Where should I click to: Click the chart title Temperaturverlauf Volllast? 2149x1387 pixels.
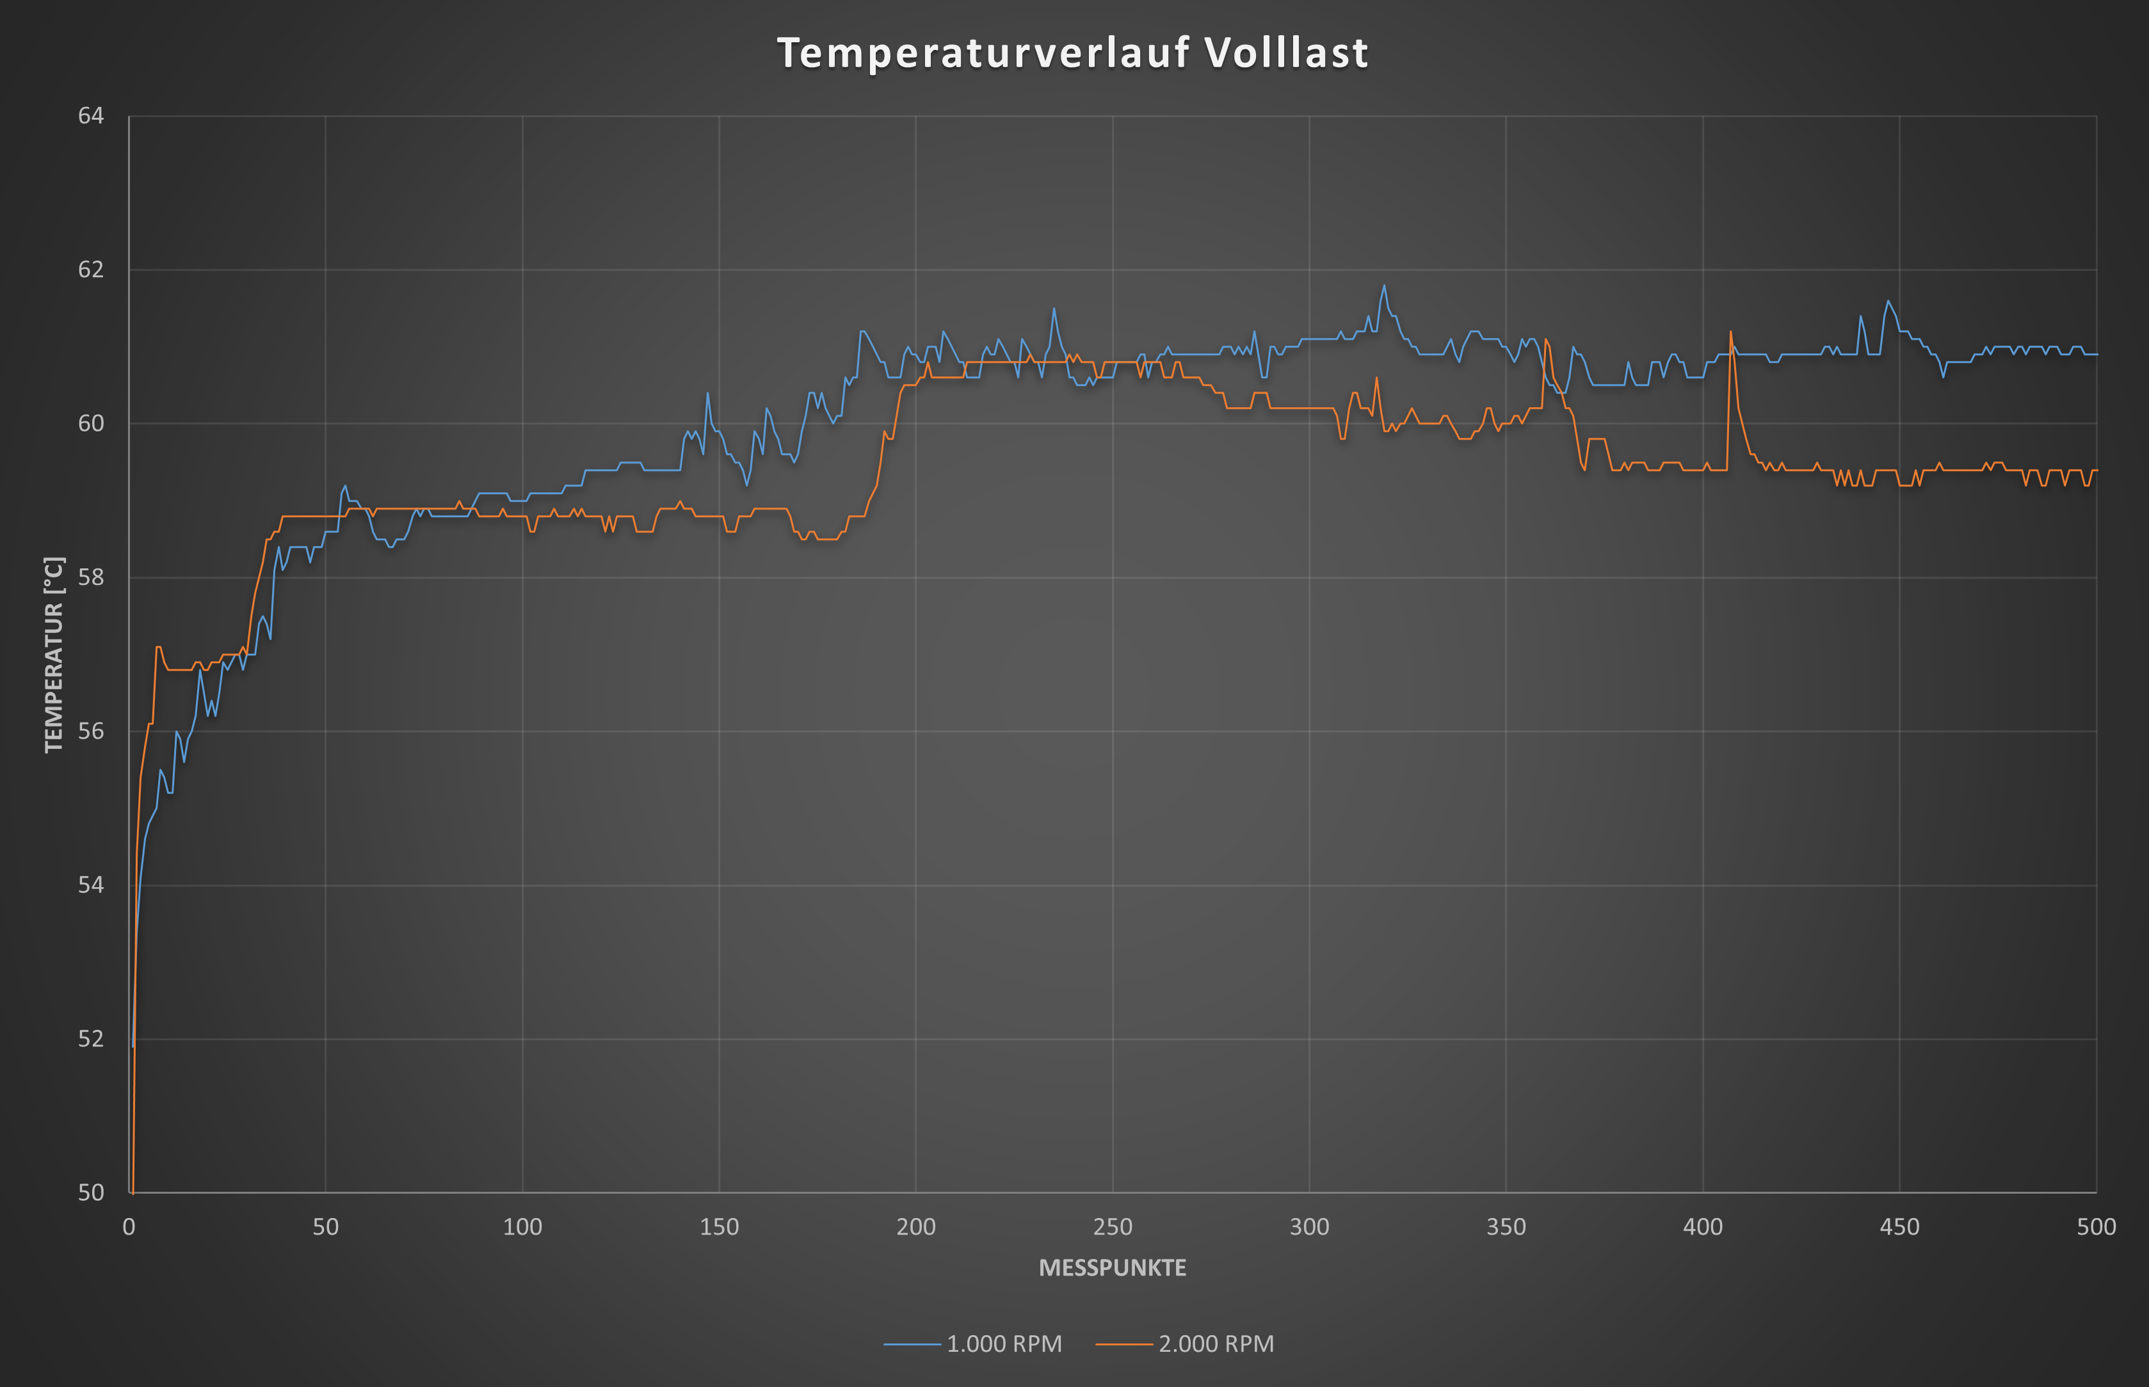[x=1073, y=53]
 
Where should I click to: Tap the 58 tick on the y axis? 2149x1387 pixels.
[x=91, y=577]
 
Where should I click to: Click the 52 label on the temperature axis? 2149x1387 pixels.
[x=91, y=1038]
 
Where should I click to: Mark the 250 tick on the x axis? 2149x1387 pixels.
[x=1113, y=1227]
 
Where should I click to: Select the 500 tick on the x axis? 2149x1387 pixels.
[x=2096, y=1227]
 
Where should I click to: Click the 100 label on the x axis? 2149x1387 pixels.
[x=522, y=1227]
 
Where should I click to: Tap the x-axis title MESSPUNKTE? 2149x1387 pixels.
[x=1113, y=1268]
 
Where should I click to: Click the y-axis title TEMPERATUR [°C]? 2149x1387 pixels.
[x=54, y=655]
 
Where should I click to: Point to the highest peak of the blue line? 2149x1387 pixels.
[x=1384, y=285]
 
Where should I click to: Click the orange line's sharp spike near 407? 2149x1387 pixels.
[x=1730, y=332]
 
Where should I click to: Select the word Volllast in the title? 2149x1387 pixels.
[x=1287, y=53]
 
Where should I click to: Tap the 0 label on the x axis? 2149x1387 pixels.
[x=129, y=1227]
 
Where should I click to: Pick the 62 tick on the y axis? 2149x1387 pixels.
[x=91, y=269]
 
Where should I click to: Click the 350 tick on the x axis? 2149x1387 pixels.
[x=1506, y=1227]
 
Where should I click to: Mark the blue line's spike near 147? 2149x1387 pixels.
[x=708, y=393]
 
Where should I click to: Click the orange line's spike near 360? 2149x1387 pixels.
[x=1545, y=339]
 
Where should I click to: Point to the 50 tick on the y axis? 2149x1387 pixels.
[x=91, y=1192]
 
